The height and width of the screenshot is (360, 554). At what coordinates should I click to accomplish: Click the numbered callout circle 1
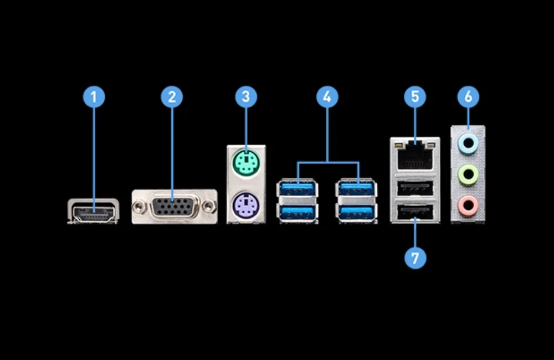pos(94,97)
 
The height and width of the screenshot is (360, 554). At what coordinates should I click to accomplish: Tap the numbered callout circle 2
pos(172,97)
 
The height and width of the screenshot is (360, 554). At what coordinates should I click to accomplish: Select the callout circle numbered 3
pos(246,97)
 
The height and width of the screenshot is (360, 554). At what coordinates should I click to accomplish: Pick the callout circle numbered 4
pos(327,97)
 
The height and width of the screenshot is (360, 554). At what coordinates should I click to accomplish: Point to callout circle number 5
pos(415,97)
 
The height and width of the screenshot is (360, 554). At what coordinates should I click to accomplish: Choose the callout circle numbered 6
pos(469,97)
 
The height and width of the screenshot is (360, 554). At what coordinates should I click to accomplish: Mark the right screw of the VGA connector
pos(208,207)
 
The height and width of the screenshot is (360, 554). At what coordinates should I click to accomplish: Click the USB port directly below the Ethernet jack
pos(415,189)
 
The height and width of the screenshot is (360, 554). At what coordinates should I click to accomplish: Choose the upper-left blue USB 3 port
pos(298,189)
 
